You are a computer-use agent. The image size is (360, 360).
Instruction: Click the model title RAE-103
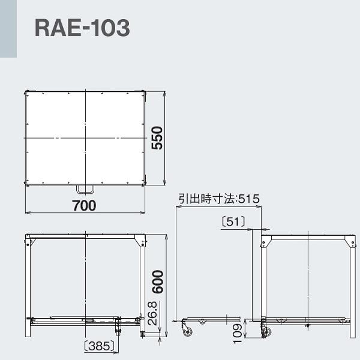[x=82, y=28]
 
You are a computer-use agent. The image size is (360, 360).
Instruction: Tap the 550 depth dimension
[x=157, y=139]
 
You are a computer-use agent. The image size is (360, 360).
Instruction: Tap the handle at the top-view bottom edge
[x=85, y=189]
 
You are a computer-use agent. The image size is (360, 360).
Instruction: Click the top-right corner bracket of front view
[x=142, y=241]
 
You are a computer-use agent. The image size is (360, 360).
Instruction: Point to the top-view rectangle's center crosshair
[x=86, y=139]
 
